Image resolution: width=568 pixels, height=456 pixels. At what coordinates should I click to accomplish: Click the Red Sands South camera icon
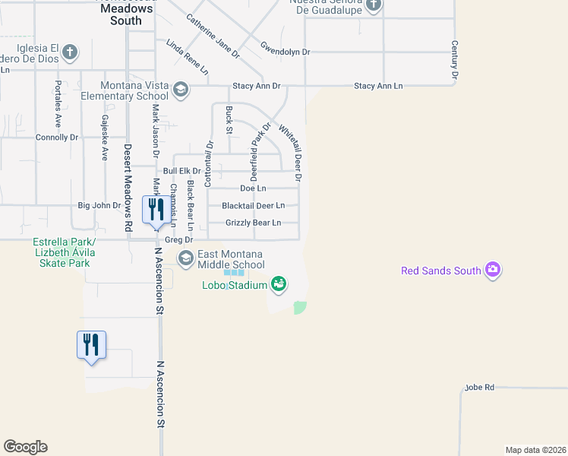494,270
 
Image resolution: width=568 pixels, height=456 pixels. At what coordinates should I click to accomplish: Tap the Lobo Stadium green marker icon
279,284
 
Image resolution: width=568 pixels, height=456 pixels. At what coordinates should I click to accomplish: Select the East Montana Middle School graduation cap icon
186,259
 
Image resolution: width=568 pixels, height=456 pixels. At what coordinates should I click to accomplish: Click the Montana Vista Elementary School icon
181,90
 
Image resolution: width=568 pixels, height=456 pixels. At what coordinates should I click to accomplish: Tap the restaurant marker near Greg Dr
156,209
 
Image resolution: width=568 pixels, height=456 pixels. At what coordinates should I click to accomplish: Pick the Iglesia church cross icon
69,52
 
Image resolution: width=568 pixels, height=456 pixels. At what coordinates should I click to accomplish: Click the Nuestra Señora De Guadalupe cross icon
373,6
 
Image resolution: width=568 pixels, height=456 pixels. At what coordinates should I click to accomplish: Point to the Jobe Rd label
479,388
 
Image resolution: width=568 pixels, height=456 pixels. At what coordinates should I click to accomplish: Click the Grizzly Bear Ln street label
253,223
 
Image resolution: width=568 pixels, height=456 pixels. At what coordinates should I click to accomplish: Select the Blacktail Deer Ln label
253,205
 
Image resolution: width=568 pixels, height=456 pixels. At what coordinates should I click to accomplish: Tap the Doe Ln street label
252,188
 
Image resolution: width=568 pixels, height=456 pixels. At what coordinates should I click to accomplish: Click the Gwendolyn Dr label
285,52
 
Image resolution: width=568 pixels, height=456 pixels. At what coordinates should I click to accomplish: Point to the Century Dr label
454,60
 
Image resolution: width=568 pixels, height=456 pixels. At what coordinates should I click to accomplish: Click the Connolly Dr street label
57,138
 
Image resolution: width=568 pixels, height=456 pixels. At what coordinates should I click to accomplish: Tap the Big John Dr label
99,205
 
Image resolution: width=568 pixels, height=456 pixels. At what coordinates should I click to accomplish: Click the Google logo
25,447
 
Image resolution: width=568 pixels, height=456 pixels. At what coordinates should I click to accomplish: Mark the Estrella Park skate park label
61,252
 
